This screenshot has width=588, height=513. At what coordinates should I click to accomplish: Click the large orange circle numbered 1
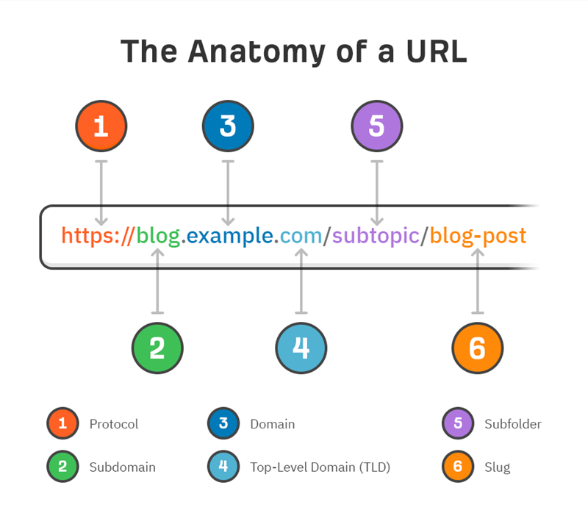point(101,126)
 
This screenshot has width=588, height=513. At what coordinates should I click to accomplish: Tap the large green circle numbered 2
point(157,348)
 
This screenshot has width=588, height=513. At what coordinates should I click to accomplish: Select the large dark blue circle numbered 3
point(228,126)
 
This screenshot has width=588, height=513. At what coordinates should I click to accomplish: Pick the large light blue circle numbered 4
point(301,348)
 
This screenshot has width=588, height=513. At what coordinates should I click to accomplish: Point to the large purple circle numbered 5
point(377,126)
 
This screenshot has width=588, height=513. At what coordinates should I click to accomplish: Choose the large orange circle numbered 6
point(477,348)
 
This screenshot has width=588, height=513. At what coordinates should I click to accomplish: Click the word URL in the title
point(437,51)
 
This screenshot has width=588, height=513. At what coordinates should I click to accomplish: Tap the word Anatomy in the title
point(257,52)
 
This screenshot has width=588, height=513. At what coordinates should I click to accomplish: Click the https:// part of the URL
point(98,236)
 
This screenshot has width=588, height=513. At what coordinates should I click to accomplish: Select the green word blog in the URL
point(158,236)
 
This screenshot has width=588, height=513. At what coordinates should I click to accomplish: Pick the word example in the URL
point(230,236)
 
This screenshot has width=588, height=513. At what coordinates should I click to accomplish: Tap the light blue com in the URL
point(301,237)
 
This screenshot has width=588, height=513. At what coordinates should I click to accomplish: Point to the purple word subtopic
point(376,236)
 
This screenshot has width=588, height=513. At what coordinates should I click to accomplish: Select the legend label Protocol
point(114,424)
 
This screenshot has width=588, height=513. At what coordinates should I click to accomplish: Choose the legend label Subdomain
point(122,467)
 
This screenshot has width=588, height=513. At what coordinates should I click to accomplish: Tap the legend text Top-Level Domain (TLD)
point(320,467)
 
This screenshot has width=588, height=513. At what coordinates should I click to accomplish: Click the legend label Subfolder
point(513,424)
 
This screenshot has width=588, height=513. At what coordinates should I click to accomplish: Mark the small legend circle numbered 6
point(458,466)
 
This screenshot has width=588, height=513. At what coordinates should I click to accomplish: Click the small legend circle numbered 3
point(223,423)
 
